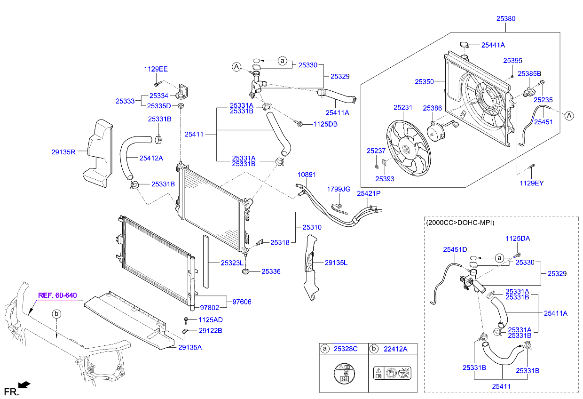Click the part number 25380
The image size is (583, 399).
[x=505, y=19]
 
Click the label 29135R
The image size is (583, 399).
[x=63, y=152]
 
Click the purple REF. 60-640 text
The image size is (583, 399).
[x=57, y=295]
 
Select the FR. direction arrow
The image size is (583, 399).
[x=25, y=385]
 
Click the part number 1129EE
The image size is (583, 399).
[x=156, y=69]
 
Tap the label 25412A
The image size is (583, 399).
[x=151, y=158]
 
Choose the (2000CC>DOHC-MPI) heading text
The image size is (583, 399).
[x=460, y=223]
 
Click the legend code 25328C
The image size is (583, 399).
[x=346, y=349]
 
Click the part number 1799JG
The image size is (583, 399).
[x=339, y=189]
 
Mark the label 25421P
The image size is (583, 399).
[x=368, y=193]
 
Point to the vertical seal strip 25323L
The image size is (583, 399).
[x=205, y=261]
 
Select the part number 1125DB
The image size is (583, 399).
[x=326, y=124]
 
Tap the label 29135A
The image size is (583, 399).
[x=190, y=347]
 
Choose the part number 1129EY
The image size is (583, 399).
[x=531, y=183]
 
